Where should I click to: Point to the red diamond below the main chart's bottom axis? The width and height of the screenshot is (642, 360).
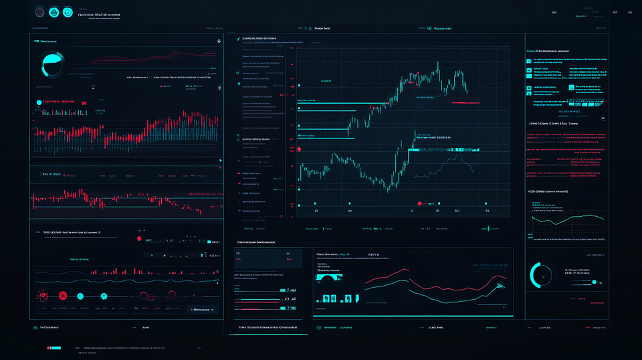pos(421,201)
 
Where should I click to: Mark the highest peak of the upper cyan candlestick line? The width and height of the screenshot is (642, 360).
pos(438,64)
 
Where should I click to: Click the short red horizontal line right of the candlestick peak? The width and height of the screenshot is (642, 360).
pos(465,103)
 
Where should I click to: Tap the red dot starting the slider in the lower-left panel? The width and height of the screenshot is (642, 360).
pos(139,238)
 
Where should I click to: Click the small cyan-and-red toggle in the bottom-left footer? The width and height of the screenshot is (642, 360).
pos(52,348)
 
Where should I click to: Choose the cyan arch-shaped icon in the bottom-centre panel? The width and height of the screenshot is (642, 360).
pos(328,277)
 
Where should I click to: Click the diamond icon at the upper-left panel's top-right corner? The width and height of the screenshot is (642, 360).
pos(219,41)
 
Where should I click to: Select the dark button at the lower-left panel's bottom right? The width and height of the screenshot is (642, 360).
pos(203,309)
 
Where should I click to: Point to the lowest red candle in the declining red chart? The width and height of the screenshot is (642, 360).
pos(200,212)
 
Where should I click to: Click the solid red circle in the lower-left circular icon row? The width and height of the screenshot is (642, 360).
pos(62,295)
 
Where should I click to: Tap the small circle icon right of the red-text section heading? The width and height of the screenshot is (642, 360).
pos(603,118)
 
